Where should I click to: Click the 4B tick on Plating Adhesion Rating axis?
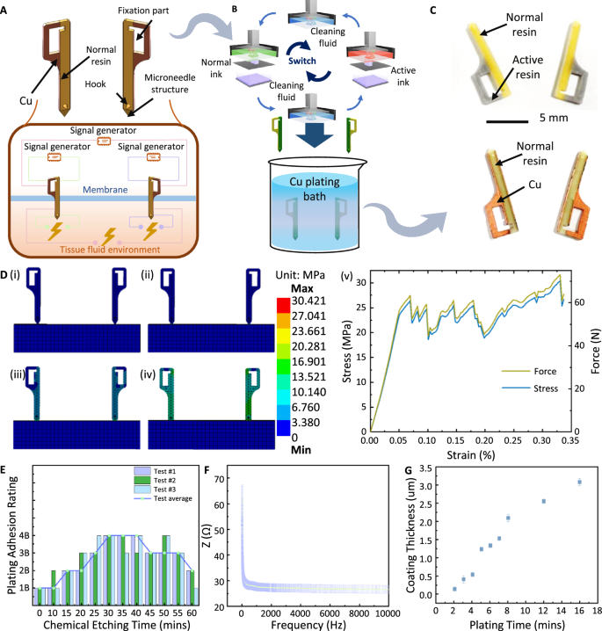(27, 535)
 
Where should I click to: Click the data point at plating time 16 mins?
(579, 482)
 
